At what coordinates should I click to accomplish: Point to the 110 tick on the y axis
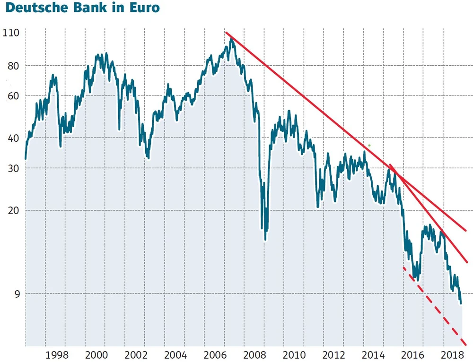tap(10, 33)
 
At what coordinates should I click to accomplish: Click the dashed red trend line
tap(435, 308)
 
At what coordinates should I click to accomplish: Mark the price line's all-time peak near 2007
tap(231, 39)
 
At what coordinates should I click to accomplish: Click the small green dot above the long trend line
tap(369, 145)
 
